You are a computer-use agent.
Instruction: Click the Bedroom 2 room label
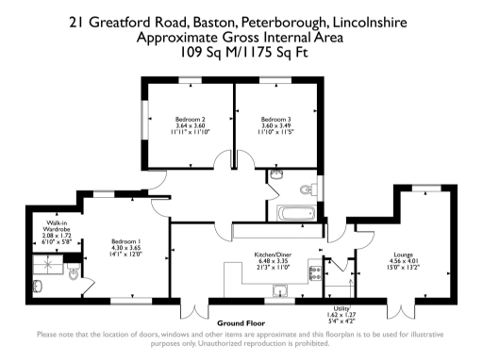[191, 119]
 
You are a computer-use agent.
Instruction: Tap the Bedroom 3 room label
[275, 119]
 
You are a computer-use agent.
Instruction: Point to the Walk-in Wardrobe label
[57, 226]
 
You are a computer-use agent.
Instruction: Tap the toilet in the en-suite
[73, 274]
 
